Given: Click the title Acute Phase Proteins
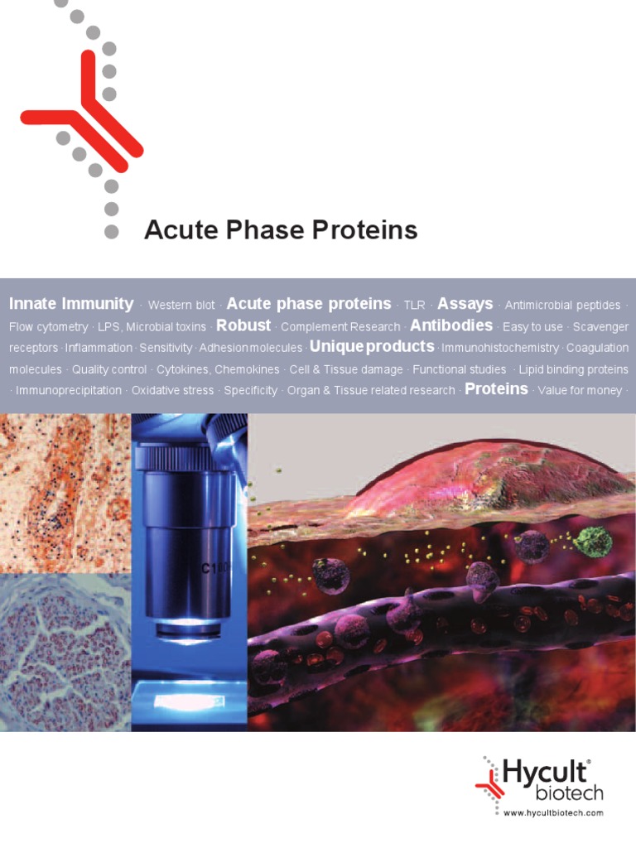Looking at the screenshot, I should coord(281,230).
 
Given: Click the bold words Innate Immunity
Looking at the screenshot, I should coord(71,304).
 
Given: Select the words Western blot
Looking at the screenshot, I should coord(181,306).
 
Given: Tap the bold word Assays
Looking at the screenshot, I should coord(465,304).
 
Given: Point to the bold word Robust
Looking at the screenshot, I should coord(243,325).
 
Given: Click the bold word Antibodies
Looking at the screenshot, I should coord(451,325).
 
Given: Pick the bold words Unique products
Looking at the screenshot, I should coord(372,346).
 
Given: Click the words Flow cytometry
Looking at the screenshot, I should coord(48,327).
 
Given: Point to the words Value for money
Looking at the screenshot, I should coord(580,390).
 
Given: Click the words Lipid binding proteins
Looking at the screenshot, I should coord(573,369).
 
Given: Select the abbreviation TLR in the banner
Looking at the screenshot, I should coord(414,306).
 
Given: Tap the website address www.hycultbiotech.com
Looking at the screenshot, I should coord(553,813).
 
